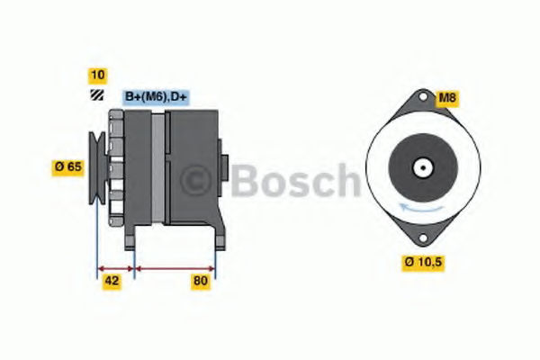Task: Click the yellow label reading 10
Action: (97, 76)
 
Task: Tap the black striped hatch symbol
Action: (97, 95)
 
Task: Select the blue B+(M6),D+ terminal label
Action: (156, 97)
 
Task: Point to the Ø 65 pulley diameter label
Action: (67, 167)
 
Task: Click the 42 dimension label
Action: (112, 281)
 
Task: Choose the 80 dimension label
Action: (201, 281)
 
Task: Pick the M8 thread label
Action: (447, 98)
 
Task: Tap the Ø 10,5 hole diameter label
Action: (423, 263)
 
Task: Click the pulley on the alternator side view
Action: (97, 168)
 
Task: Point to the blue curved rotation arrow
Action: (421, 209)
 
